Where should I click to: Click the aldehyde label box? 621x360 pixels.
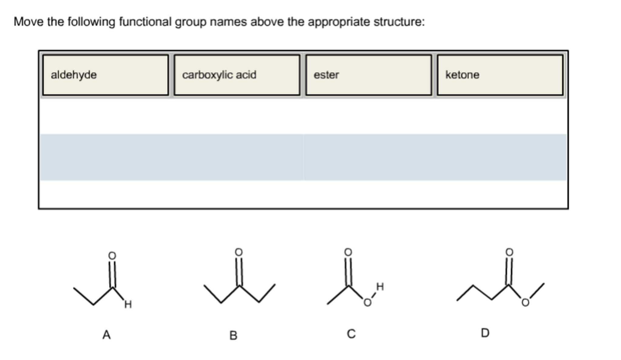[x=105, y=75]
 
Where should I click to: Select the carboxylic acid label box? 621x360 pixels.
[x=237, y=75]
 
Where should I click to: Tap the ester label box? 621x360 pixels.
[x=368, y=75]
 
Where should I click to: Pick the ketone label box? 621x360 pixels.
[x=500, y=75]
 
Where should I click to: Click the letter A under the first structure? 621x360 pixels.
[x=106, y=335]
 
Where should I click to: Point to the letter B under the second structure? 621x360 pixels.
[x=233, y=335]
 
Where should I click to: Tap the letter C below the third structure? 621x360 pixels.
[x=351, y=334]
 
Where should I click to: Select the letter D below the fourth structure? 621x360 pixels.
[x=485, y=333]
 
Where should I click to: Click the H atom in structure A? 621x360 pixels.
[x=128, y=304]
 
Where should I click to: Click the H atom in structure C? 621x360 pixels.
[x=380, y=287]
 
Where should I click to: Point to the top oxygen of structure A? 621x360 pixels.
[x=112, y=256]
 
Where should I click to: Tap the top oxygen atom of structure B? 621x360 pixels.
[x=239, y=252]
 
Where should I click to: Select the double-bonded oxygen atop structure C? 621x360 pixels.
[x=348, y=252]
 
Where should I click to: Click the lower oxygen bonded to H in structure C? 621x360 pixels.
[x=367, y=303]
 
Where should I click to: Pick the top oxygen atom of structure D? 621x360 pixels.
[x=509, y=252]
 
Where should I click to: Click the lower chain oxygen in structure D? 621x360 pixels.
[x=525, y=303]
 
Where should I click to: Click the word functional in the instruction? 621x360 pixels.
[x=145, y=22]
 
